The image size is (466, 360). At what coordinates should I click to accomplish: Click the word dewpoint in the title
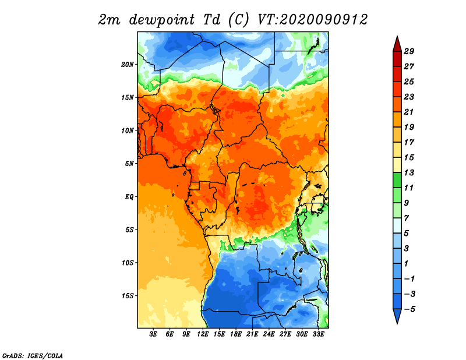click(161, 20)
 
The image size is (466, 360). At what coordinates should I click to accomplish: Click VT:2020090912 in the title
click(312, 20)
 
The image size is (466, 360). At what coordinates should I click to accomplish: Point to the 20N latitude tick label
click(127, 65)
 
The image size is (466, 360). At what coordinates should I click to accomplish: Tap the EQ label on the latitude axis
click(129, 197)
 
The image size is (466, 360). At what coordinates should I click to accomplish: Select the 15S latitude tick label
click(127, 296)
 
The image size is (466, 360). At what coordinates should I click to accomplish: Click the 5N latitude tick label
click(129, 164)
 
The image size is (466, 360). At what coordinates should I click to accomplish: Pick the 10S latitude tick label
click(127, 263)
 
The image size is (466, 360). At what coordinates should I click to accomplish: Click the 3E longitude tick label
click(153, 334)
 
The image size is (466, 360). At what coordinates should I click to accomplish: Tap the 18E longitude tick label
click(236, 334)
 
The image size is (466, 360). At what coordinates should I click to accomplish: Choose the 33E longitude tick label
click(318, 334)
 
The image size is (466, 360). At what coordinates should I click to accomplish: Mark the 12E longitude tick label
click(203, 334)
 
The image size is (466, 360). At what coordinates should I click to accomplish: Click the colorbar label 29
click(409, 51)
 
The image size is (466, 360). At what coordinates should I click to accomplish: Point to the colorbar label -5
click(409, 309)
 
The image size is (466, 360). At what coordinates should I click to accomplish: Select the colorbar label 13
click(409, 172)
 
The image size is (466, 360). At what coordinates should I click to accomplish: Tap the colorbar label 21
click(409, 112)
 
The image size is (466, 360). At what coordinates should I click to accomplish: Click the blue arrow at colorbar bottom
click(397, 316)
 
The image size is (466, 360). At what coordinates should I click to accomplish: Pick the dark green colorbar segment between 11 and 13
click(397, 180)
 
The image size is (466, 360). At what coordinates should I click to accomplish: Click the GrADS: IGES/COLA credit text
click(33, 355)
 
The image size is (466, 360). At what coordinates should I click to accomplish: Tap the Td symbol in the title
click(212, 20)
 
